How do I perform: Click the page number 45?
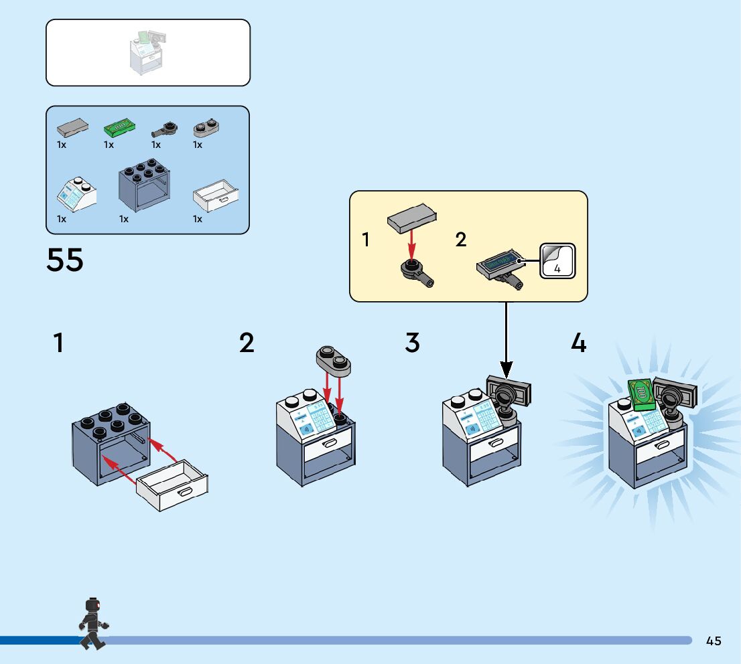(714, 641)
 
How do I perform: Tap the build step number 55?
(65, 260)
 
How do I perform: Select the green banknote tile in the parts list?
(120, 126)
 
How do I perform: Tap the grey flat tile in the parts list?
(72, 126)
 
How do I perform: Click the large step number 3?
(412, 343)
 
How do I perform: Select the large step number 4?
(578, 343)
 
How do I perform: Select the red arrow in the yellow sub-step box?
(411, 244)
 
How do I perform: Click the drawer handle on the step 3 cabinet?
(496, 442)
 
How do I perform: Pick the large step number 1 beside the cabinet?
(59, 343)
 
